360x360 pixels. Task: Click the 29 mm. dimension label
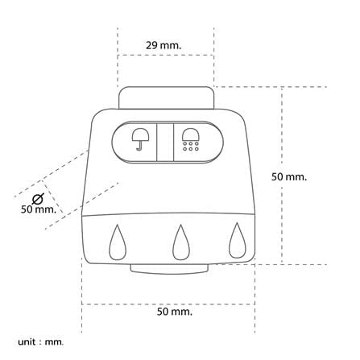[x=163, y=45]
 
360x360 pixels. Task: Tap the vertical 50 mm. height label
[x=289, y=177]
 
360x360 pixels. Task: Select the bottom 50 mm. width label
[x=175, y=312]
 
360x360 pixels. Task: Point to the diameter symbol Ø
[x=38, y=199]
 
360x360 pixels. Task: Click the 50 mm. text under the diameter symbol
[x=39, y=209]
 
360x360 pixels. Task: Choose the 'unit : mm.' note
[x=41, y=342]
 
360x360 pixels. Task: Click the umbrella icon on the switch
[x=140, y=139]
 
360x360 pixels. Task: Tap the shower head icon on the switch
[x=190, y=139]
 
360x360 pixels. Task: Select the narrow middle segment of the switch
[x=165, y=143]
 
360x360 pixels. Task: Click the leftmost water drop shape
[x=118, y=242]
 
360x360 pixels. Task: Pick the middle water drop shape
[x=181, y=242]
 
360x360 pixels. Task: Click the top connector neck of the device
[x=166, y=97]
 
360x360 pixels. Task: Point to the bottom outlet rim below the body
[x=169, y=269]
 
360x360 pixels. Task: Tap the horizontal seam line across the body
[x=168, y=214]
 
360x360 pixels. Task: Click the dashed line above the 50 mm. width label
[x=168, y=304]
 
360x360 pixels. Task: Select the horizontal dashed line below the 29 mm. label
[x=166, y=55]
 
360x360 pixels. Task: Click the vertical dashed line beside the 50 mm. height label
[x=282, y=176]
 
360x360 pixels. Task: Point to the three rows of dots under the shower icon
[x=191, y=147]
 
